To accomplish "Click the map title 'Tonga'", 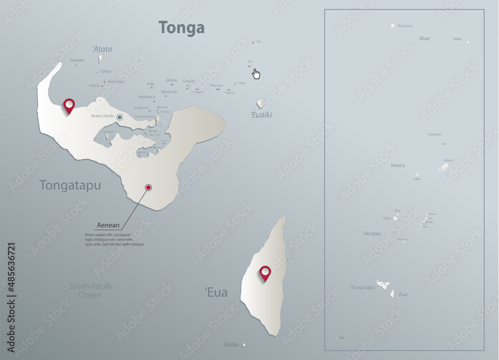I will (182, 27).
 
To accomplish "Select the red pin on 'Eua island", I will (265, 273).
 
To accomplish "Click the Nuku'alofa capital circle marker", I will (120, 117).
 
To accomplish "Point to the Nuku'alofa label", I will (102, 116).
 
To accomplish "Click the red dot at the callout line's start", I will (148, 187).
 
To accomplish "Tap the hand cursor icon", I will (256, 74).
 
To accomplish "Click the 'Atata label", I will (102, 49).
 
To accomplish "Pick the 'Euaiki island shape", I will (261, 103).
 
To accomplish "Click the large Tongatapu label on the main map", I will (70, 185).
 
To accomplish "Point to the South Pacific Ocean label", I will (91, 290).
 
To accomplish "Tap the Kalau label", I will (232, 345).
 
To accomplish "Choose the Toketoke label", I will (77, 60).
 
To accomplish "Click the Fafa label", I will (151, 84).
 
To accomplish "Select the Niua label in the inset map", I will (424, 38).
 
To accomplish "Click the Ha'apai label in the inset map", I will (372, 233).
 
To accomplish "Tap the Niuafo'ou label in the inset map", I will (405, 26).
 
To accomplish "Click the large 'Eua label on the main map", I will (216, 293).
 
